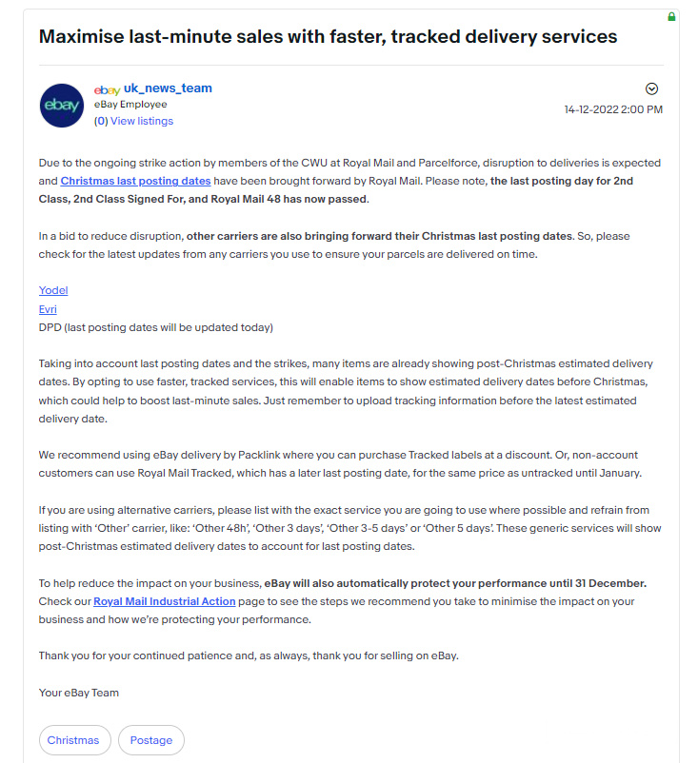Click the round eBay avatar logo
tap(62, 106)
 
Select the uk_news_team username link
tap(168, 88)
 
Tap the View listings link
tap(142, 121)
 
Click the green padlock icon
tap(671, 16)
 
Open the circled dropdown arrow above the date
tap(652, 88)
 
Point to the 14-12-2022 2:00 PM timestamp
tap(613, 109)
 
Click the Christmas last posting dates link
tap(135, 181)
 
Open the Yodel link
tap(53, 290)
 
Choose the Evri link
tap(48, 309)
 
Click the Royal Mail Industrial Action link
tap(165, 601)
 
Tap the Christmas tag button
tap(73, 740)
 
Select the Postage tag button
tap(151, 740)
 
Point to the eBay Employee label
tap(130, 105)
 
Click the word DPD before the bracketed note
tap(50, 327)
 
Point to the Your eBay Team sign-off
tap(79, 693)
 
